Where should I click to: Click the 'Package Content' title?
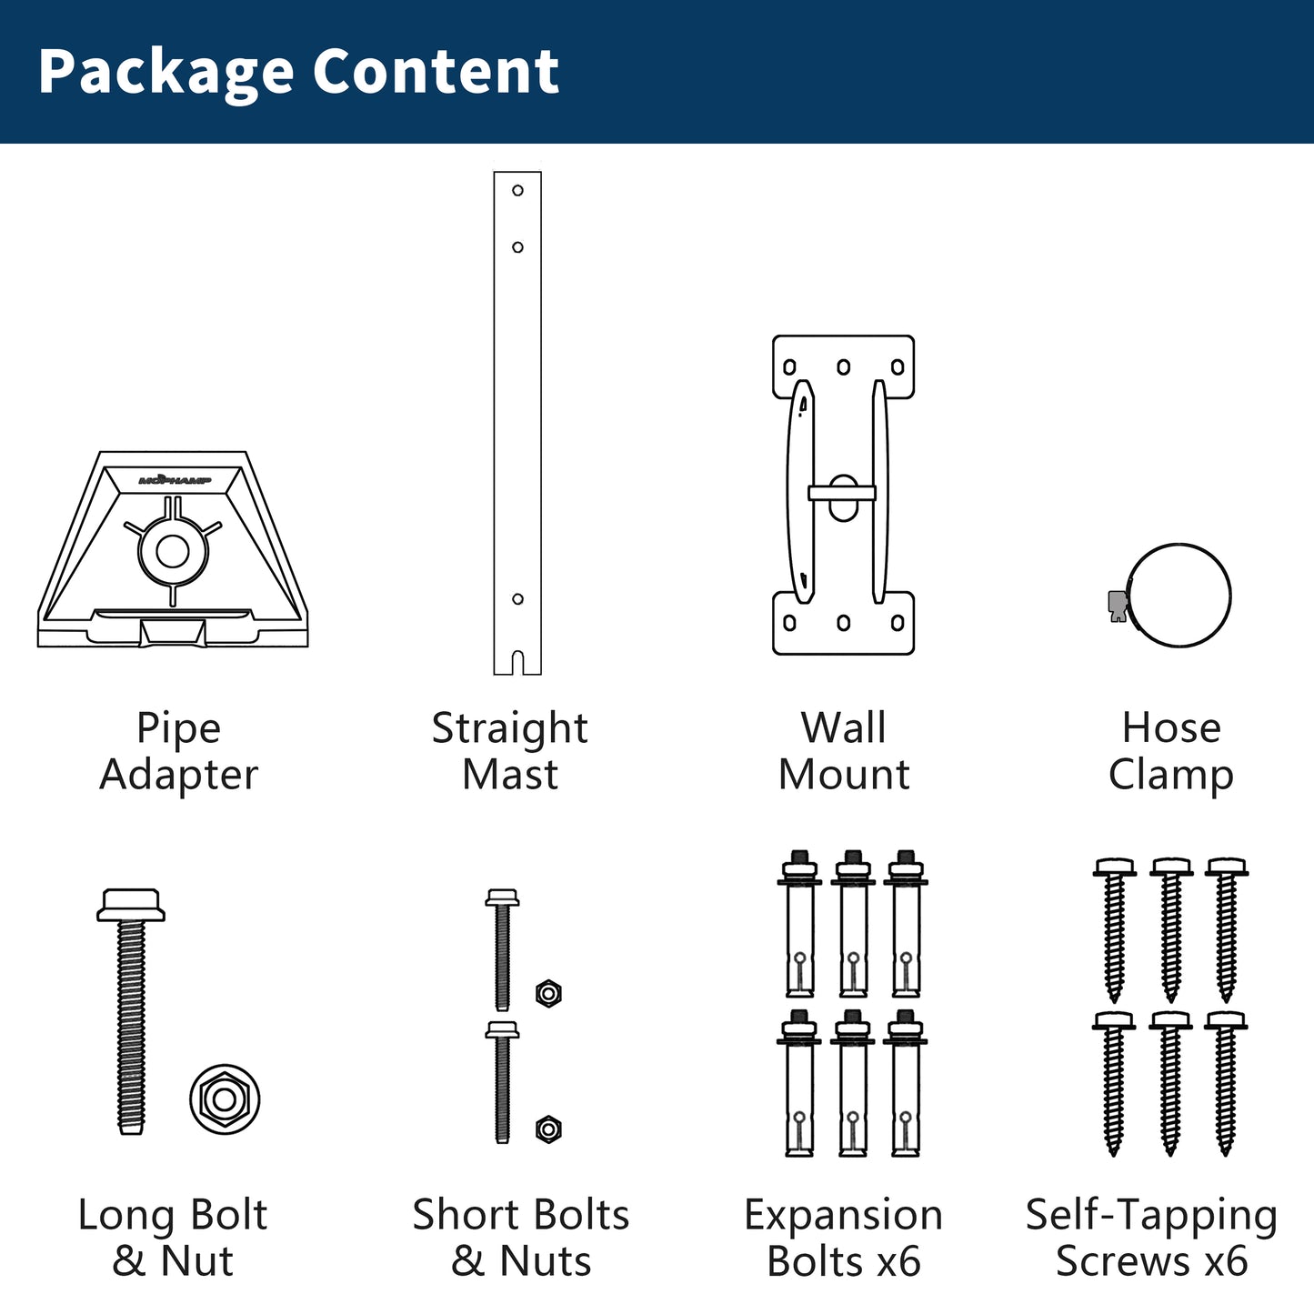click(298, 72)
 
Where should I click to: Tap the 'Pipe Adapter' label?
click(178, 751)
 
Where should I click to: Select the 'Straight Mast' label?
click(509, 751)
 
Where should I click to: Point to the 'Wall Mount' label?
click(844, 751)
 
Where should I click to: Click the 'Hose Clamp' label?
click(1171, 751)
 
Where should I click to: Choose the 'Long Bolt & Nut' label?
click(173, 1238)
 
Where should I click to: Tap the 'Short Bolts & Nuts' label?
click(521, 1238)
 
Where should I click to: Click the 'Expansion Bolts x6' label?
click(844, 1238)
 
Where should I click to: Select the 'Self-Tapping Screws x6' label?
click(1151, 1238)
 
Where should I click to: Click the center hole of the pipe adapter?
click(173, 551)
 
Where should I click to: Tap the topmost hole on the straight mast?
click(517, 191)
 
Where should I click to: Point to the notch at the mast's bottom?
click(517, 663)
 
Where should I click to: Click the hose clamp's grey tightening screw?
click(1118, 604)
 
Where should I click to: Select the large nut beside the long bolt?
click(225, 1099)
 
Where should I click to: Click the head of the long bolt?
click(131, 904)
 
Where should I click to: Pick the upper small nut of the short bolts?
click(548, 993)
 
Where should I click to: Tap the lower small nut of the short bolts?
click(548, 1129)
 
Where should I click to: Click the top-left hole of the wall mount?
click(789, 367)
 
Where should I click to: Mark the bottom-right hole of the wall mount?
click(898, 623)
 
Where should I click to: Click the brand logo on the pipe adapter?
click(175, 479)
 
